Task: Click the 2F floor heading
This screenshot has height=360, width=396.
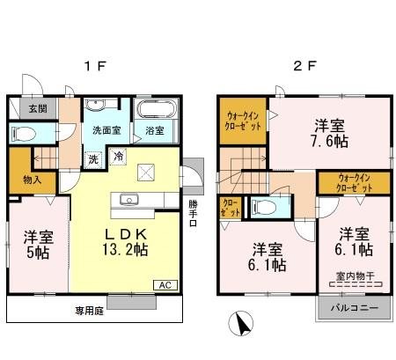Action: (x=301, y=66)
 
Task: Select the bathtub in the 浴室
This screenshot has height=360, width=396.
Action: (x=156, y=114)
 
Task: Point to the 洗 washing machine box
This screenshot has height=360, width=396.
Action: (x=93, y=159)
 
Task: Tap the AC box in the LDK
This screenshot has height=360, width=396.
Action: (x=164, y=284)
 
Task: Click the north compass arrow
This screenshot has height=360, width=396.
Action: (x=238, y=326)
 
